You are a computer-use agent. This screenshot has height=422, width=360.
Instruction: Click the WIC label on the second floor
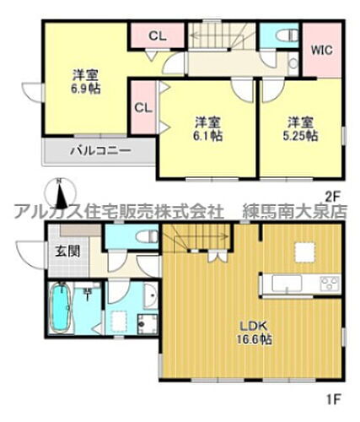320,50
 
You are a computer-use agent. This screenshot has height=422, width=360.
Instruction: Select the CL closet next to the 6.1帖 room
142,108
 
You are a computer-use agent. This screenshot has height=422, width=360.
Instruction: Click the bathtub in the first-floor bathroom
61,311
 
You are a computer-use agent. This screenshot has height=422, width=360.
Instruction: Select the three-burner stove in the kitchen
327,283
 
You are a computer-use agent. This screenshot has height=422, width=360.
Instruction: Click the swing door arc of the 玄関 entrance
28,253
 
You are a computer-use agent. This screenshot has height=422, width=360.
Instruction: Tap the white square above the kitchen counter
302,250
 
